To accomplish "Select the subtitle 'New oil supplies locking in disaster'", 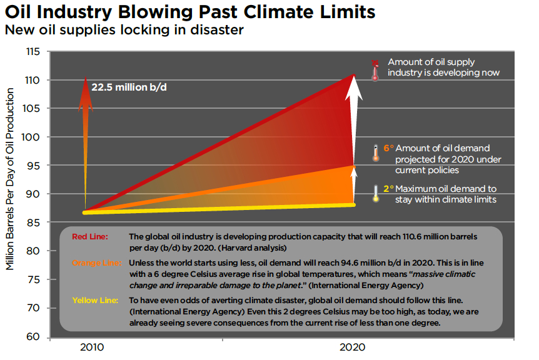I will point(124,30).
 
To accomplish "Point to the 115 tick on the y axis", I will point(33,52).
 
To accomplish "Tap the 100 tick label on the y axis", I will point(33,137).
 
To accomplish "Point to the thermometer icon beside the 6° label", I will point(375,153).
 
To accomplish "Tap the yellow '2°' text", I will point(388,188).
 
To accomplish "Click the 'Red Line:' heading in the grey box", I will point(90,237).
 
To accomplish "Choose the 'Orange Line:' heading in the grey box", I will point(95,262).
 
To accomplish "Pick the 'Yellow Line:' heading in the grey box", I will point(94,300).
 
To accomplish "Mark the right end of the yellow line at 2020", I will point(354,204).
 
